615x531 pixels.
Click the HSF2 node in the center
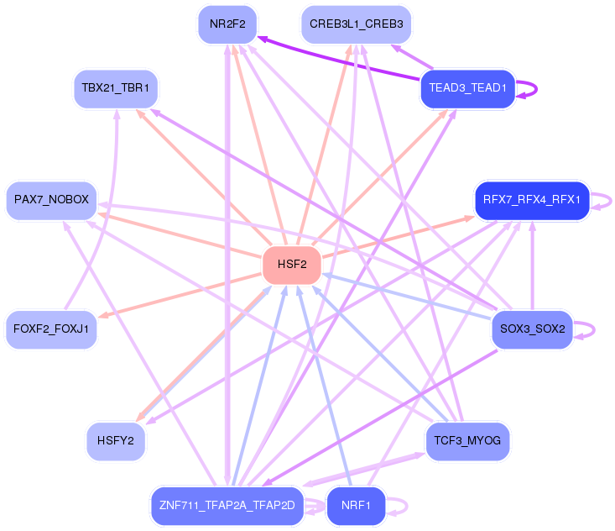291,265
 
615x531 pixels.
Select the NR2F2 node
227,24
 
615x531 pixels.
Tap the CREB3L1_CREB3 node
356,24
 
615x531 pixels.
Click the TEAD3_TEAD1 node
466,87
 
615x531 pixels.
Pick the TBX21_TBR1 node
115,87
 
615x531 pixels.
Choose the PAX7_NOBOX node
51,200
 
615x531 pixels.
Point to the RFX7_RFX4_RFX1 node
532,200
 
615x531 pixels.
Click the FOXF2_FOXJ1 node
51,328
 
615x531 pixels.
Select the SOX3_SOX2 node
532,328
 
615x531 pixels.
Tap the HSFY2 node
116,441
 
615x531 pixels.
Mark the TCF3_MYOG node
467,441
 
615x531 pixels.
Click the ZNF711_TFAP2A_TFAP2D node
227,505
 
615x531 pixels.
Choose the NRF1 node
356,505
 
